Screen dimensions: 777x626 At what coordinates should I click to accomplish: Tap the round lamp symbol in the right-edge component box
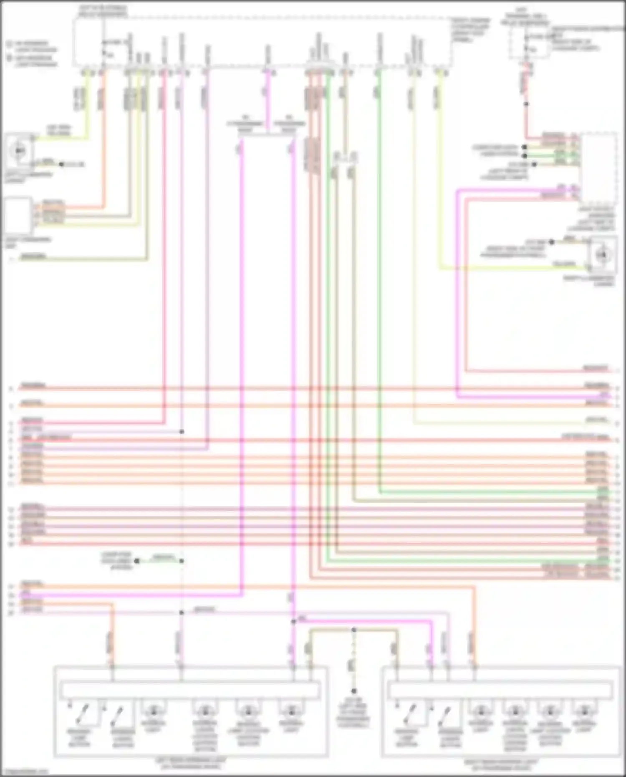601,255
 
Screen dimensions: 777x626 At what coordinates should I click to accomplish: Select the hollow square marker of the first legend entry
9,43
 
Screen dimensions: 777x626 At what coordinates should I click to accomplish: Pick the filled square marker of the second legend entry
9,58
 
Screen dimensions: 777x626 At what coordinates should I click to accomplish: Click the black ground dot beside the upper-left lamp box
61,164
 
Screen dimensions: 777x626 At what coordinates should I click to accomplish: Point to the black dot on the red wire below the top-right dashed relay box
526,104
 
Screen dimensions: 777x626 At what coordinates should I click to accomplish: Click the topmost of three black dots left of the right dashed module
525,147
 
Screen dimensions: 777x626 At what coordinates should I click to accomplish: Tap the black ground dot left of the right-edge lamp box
551,242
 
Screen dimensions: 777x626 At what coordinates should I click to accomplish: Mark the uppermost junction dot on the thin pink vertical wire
182,431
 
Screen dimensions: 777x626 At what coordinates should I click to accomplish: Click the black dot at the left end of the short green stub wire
137,561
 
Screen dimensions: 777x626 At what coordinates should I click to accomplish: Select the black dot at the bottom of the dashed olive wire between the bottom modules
354,691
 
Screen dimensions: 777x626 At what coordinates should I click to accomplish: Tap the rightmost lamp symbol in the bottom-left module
291,710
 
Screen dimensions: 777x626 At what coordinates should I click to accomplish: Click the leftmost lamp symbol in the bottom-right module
481,710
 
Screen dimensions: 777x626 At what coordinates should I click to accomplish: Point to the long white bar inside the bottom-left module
190,691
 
